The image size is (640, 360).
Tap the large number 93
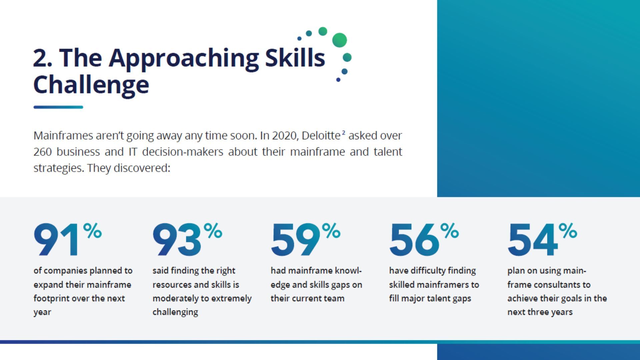pyautogui.click(x=177, y=240)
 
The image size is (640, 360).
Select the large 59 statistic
pyautogui.click(x=295, y=240)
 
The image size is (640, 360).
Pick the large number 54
pyautogui.click(x=532, y=240)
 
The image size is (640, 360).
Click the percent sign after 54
pyautogui.click(x=568, y=231)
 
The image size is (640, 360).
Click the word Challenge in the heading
pyautogui.click(x=91, y=85)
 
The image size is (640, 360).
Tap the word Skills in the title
pyautogui.click(x=295, y=58)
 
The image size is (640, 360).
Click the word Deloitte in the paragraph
pyautogui.click(x=321, y=136)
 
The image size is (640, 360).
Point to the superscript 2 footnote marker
pyautogui.click(x=344, y=133)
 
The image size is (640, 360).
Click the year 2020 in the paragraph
pyautogui.click(x=284, y=136)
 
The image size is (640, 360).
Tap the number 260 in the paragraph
pyautogui.click(x=42, y=152)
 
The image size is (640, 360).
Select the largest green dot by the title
pyautogui.click(x=339, y=40)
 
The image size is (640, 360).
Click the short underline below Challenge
pyautogui.click(x=58, y=107)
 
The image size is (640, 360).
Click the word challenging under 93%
pyautogui.click(x=175, y=312)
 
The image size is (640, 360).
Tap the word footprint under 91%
pyautogui.click(x=51, y=298)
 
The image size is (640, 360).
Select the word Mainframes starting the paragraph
pyautogui.click(x=63, y=136)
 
